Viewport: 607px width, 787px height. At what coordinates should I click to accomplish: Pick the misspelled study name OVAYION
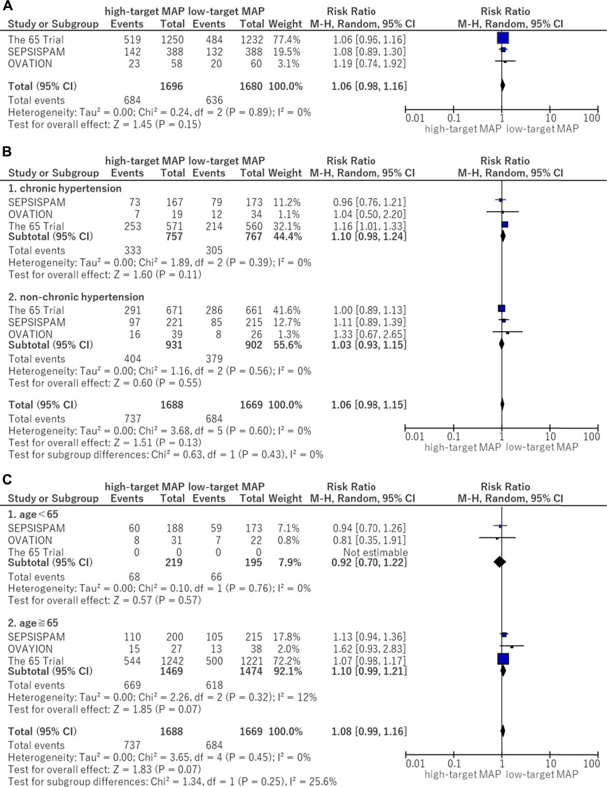pos(31,649)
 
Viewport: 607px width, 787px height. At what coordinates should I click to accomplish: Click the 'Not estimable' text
pos(375,553)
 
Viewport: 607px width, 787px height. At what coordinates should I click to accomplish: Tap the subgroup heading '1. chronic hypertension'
pos(65,188)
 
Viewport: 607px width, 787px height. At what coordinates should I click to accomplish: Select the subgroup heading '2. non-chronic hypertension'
pos(76,297)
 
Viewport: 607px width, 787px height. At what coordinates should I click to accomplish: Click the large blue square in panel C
pos(503,659)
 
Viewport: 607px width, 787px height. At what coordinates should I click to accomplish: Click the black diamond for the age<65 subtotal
pos(499,562)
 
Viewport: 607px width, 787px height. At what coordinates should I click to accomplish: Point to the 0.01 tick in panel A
pos(414,118)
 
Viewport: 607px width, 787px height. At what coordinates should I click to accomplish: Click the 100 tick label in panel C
pos(591,763)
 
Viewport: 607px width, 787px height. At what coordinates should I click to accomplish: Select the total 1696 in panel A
pos(172,86)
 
